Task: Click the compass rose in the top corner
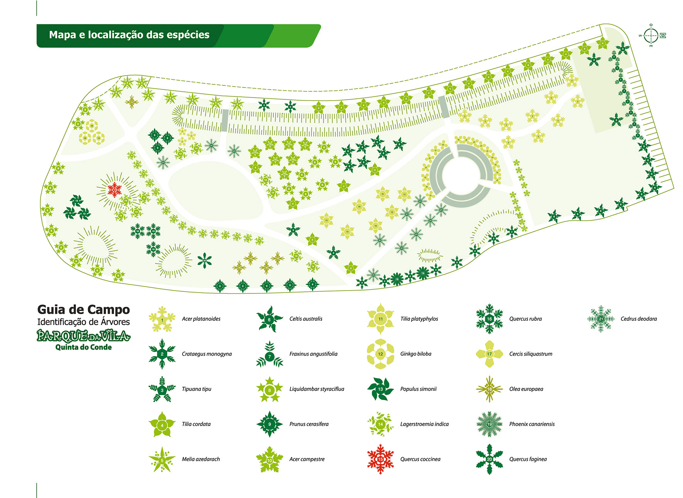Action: [651, 35]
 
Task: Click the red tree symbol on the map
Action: [114, 189]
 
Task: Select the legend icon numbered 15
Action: [380, 459]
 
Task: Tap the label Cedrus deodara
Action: [639, 319]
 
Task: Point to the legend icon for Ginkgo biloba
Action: [380, 354]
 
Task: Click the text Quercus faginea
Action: [528, 459]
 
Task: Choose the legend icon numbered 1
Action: [162, 319]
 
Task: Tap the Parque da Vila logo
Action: [84, 336]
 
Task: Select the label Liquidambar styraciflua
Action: [317, 389]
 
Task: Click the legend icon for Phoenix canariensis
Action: [490, 424]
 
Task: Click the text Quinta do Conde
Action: [84, 347]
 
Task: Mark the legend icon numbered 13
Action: [380, 389]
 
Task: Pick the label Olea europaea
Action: [526, 389]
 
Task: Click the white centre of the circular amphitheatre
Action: [461, 176]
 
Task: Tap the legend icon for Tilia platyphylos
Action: [380, 319]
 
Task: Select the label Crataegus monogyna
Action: [207, 354]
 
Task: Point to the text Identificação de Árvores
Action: [84, 322]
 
